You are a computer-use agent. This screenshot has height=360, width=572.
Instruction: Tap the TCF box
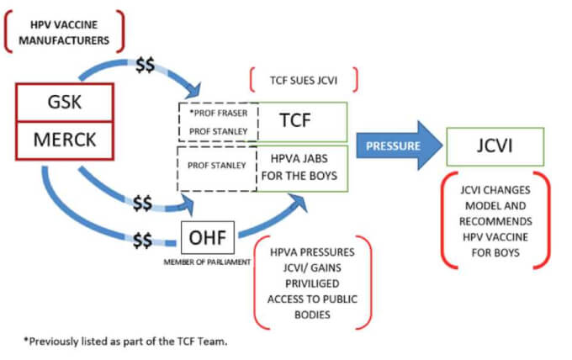pyautogui.click(x=302, y=122)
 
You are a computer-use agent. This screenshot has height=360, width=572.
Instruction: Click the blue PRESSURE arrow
pyautogui.click(x=395, y=144)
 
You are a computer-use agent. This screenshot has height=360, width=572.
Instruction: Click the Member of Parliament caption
pyautogui.click(x=208, y=263)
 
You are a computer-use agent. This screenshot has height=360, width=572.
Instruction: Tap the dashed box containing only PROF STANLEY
pyautogui.click(x=217, y=166)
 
